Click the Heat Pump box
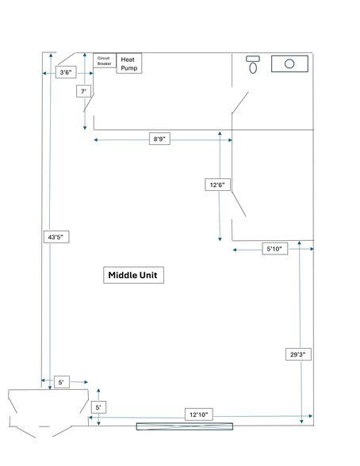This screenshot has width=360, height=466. (x=129, y=63)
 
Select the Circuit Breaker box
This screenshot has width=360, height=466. (x=105, y=60)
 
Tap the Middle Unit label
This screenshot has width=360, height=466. (x=133, y=275)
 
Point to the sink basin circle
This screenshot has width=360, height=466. (x=289, y=63)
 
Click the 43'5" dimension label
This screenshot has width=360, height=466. (x=56, y=237)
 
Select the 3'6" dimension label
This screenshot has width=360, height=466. (x=66, y=72)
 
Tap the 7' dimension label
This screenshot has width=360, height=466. (x=83, y=91)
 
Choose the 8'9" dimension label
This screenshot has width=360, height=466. (x=159, y=139)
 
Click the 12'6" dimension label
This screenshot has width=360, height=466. (x=217, y=185)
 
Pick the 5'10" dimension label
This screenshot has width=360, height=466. (x=275, y=249)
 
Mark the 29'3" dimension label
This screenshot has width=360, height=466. (x=298, y=354)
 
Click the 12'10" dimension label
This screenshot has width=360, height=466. (x=199, y=414)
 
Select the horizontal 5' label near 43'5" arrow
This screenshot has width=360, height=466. (x=62, y=382)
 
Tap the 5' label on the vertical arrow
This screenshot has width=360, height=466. (x=98, y=407)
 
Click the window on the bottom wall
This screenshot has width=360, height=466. (x=185, y=426)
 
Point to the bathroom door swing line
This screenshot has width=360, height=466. (x=240, y=103)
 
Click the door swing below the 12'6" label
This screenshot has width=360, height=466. (x=239, y=204)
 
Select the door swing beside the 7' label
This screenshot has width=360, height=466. (x=89, y=103)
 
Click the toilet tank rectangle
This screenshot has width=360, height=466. (x=253, y=59)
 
